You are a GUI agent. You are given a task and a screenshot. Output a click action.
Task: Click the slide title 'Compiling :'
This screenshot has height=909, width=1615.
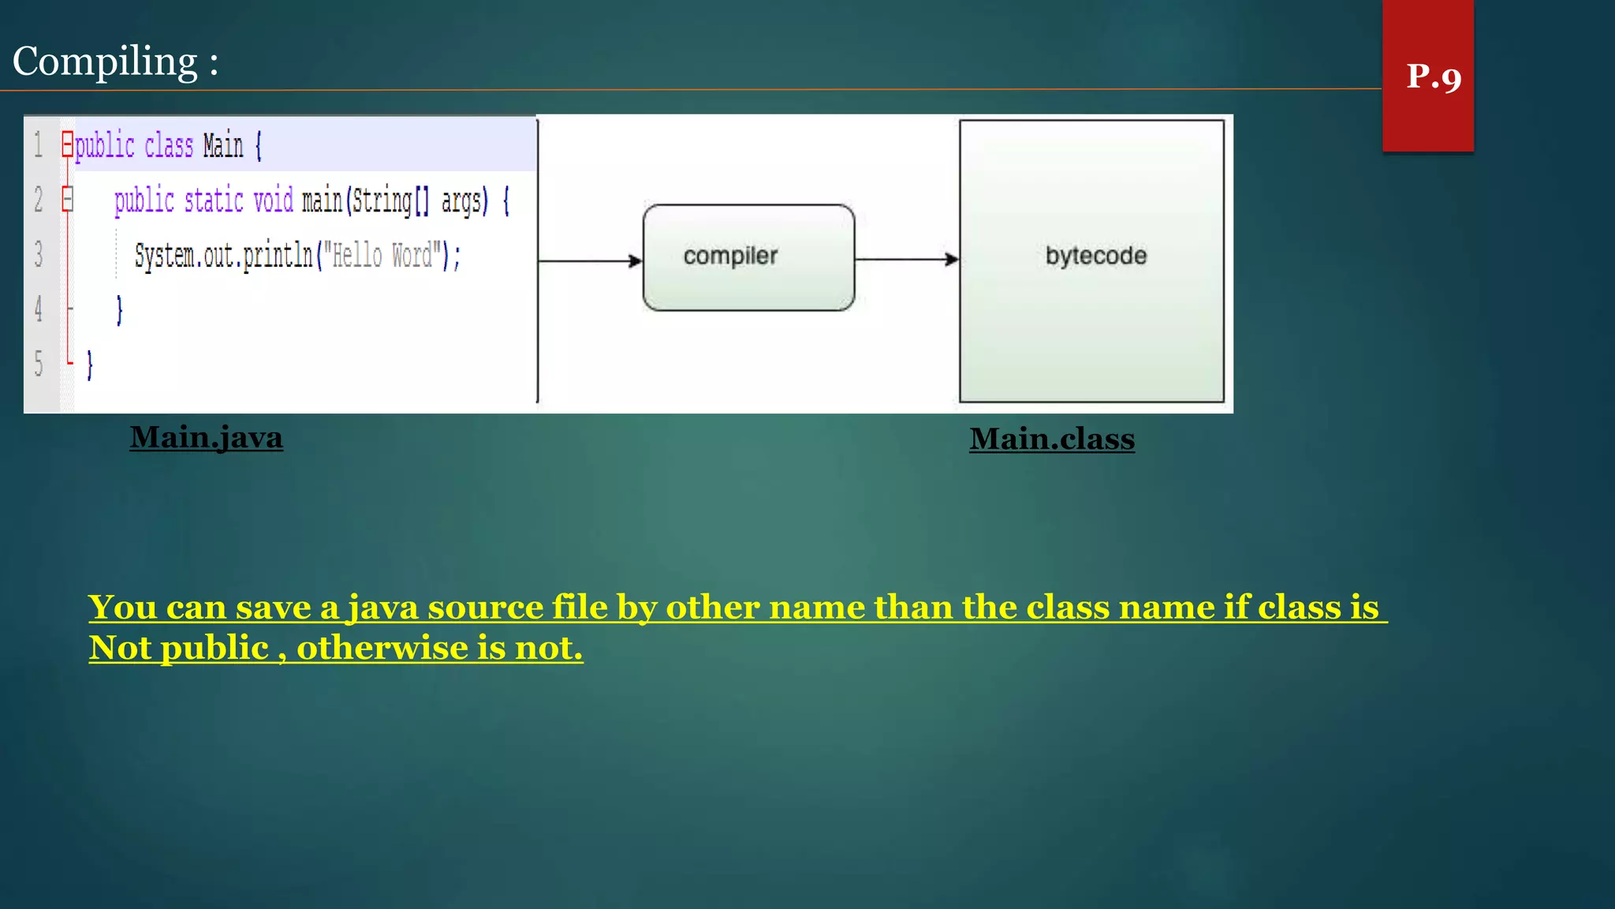click(x=115, y=62)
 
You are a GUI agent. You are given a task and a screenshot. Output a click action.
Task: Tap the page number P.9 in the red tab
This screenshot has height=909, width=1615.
click(x=1434, y=77)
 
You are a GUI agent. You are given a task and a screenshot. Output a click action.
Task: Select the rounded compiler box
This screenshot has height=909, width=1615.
click(x=748, y=257)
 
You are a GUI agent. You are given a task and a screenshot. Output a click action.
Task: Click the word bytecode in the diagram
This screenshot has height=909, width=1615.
click(x=1095, y=256)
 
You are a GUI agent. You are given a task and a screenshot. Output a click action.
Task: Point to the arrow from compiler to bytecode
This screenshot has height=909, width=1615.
click(x=906, y=259)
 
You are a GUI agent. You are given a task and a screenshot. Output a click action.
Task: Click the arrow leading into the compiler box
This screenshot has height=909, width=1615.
click(x=590, y=260)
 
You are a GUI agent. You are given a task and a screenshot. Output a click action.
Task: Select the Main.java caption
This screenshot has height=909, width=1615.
click(x=206, y=437)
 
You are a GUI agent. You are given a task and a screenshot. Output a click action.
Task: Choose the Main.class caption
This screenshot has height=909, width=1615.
click(x=1052, y=439)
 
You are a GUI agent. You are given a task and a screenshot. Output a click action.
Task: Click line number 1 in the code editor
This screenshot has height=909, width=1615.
click(x=38, y=145)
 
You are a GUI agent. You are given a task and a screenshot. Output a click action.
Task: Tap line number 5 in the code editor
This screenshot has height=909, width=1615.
click(x=38, y=364)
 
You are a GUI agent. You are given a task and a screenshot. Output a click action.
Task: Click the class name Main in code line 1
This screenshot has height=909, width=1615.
click(x=223, y=146)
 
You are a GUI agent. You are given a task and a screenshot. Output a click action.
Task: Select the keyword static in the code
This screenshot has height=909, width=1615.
click(x=214, y=200)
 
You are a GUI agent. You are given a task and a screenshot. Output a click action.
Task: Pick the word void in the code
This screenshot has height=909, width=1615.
click(x=273, y=200)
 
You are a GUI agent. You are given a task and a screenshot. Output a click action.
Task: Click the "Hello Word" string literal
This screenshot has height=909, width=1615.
click(x=382, y=256)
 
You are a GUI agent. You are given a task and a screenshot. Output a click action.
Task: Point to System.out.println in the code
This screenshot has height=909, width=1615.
click(x=224, y=256)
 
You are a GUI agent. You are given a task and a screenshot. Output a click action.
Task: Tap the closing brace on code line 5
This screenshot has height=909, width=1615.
click(x=89, y=365)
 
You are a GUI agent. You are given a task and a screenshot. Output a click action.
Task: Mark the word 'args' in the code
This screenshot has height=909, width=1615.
click(x=461, y=201)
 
